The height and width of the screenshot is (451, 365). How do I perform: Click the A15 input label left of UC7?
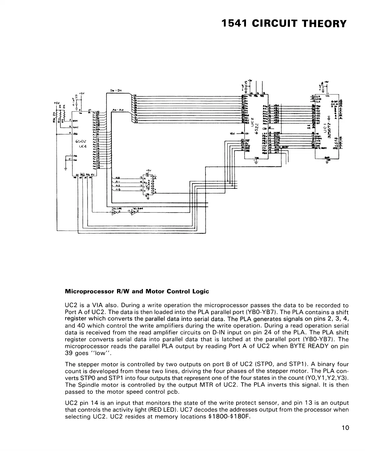click(x=118, y=190)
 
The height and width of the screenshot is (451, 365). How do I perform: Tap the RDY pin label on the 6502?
click(x=76, y=120)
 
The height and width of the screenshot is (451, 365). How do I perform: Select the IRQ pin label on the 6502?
click(x=76, y=134)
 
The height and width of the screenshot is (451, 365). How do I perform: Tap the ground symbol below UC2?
click(x=256, y=163)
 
